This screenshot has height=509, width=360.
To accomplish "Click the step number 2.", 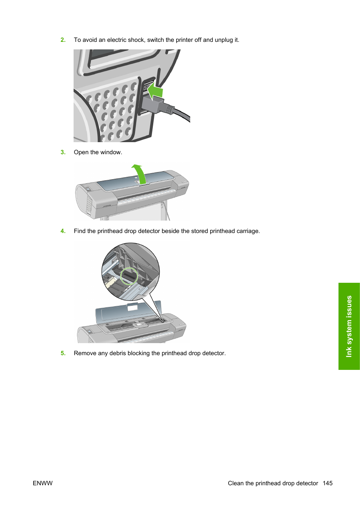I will click(63, 40).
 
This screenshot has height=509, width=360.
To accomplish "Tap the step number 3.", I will click(63, 152).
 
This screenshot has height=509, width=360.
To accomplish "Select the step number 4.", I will click(63, 231).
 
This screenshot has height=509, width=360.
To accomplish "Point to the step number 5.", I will click(63, 353).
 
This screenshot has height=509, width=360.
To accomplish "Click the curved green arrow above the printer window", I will click(139, 173).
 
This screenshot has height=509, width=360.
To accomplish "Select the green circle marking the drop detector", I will click(129, 276).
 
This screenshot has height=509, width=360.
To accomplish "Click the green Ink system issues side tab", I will click(349, 326).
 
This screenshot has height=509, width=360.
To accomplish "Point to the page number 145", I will click(328, 483).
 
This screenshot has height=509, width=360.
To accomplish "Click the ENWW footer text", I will click(43, 483).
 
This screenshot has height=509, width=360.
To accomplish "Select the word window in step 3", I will click(111, 152).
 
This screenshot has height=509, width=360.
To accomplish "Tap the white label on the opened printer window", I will click(132, 308).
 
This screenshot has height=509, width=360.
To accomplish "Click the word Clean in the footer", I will click(236, 483).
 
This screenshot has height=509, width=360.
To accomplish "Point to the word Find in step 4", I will click(80, 231).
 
